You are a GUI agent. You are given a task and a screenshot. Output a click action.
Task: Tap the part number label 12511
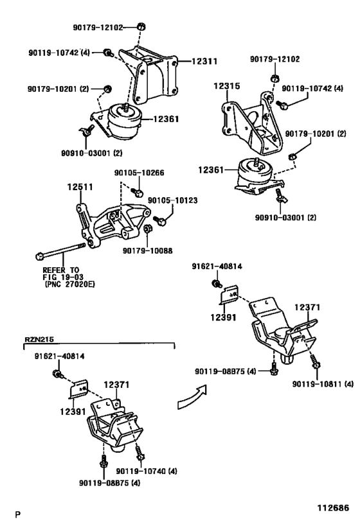click(x=81, y=187)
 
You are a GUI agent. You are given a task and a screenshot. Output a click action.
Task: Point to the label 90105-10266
click(x=139, y=172)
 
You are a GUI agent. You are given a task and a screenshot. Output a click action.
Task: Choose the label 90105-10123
click(x=172, y=200)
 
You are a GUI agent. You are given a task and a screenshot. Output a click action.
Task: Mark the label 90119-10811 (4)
click(x=323, y=384)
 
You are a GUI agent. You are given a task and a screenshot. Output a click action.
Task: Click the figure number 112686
click(x=332, y=506)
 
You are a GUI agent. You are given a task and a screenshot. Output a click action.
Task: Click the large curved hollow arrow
click(x=192, y=399)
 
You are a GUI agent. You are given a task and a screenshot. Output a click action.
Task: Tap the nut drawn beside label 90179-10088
click(x=147, y=229)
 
